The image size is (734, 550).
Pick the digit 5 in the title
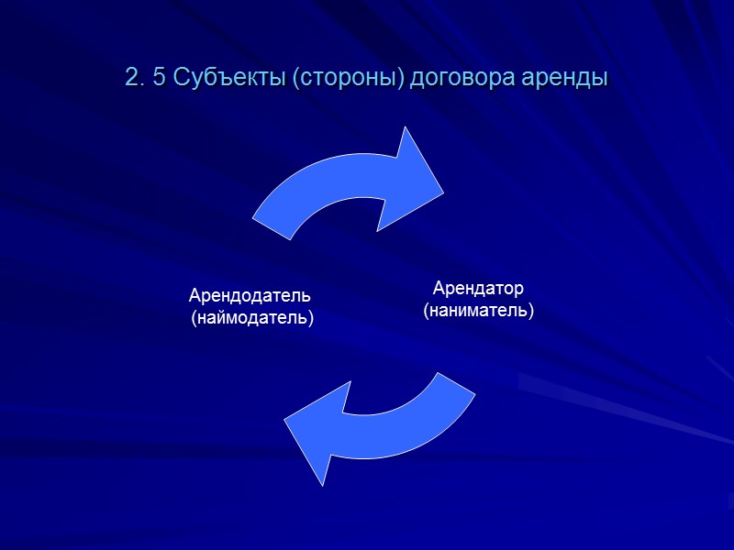[x=158, y=79]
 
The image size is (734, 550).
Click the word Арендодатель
[x=250, y=296]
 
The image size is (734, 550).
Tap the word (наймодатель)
[x=252, y=318]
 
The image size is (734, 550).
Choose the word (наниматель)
[x=478, y=311]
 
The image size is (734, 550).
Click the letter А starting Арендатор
[x=439, y=289]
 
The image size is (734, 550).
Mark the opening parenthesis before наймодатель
[x=194, y=319]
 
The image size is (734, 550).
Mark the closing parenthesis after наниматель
[x=531, y=312]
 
